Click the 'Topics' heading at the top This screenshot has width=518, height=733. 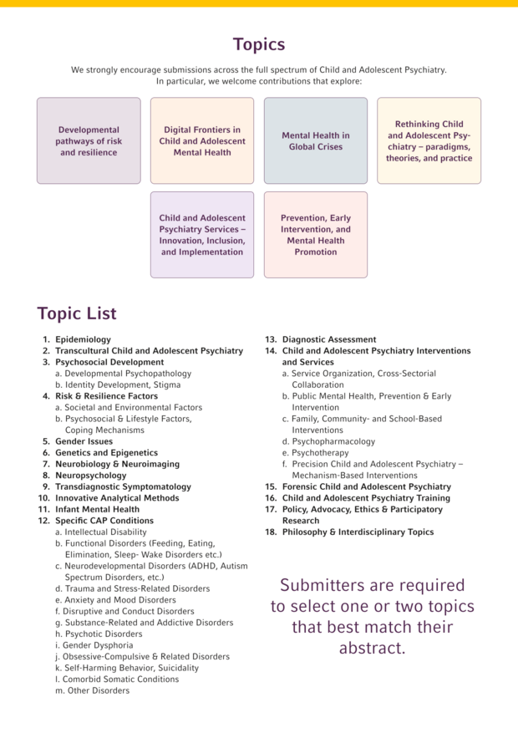point(258,44)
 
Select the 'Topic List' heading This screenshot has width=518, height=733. point(77,314)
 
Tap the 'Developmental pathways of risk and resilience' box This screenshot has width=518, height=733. point(89,140)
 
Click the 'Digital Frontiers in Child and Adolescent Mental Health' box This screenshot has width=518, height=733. point(202,140)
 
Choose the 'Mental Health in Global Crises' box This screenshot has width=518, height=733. point(316,140)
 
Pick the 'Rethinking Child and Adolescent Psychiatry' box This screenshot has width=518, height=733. point(429,140)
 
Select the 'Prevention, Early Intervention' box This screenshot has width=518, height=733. point(316,235)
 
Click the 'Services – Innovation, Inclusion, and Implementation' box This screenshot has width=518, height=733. point(202,235)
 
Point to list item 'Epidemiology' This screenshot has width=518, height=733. point(83,339)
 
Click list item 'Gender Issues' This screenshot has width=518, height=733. point(84,441)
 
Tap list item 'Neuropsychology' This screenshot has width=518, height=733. point(90,476)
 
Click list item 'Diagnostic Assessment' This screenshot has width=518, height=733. point(328,339)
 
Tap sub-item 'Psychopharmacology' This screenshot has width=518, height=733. point(333,441)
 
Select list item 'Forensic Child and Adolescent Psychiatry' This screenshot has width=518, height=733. point(366,486)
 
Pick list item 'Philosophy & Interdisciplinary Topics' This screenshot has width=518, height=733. point(358,532)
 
